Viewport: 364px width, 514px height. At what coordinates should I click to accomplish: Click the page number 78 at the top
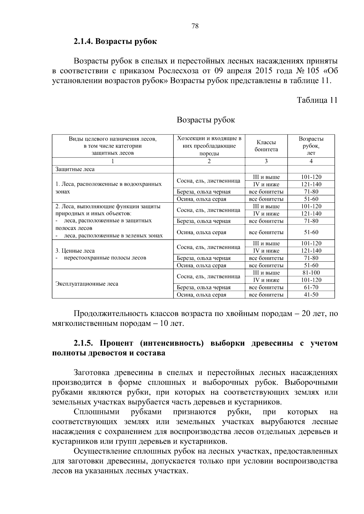pyautogui.click(x=195, y=26)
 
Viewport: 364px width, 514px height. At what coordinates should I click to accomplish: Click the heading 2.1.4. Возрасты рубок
pyautogui.click(x=115, y=41)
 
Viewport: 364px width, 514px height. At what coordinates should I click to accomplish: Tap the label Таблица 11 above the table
pyautogui.click(x=317, y=100)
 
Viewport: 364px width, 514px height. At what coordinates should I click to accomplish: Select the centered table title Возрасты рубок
pyautogui.click(x=206, y=120)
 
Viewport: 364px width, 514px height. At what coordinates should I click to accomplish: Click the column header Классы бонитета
pyautogui.click(x=266, y=146)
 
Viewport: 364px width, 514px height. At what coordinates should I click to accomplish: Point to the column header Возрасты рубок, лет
pyautogui.click(x=311, y=146)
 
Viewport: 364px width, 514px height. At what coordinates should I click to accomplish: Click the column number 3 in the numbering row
pyautogui.click(x=266, y=161)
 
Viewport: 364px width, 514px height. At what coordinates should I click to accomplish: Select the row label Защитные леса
pyautogui.click(x=75, y=169)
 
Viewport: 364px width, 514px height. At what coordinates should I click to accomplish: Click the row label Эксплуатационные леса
pyautogui.click(x=87, y=284)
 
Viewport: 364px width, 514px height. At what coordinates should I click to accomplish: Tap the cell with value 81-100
pyautogui.click(x=311, y=273)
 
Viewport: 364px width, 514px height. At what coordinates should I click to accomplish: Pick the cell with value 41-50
pyautogui.click(x=311, y=295)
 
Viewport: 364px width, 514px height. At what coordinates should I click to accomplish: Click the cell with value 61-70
pyautogui.click(x=311, y=287)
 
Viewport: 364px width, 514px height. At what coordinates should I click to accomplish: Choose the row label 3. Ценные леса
pyautogui.click(x=75, y=251)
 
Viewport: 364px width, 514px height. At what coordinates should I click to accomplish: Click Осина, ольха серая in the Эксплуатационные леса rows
pyautogui.click(x=201, y=295)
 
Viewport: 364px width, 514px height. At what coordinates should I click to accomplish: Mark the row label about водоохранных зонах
pyautogui.click(x=108, y=188)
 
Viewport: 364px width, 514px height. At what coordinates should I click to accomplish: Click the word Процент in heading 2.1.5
pyautogui.click(x=116, y=343)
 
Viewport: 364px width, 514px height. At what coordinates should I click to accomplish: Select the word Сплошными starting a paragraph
pyautogui.click(x=96, y=412)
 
